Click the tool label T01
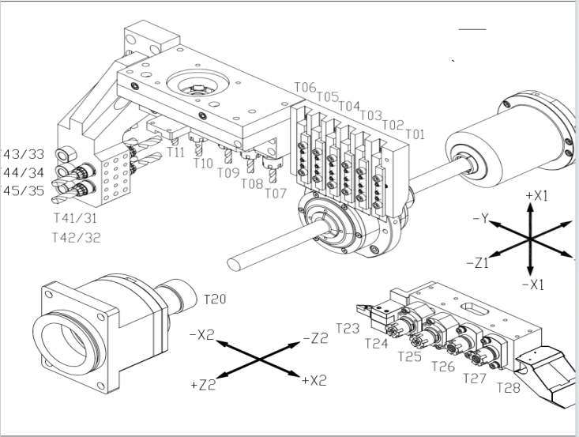click(x=415, y=134)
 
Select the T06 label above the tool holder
click(x=305, y=87)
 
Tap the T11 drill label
click(x=176, y=152)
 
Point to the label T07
click(x=276, y=193)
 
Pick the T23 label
click(x=348, y=327)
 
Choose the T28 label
click(x=509, y=387)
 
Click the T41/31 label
click(x=76, y=217)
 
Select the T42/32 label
click(x=76, y=237)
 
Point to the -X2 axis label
click(x=202, y=335)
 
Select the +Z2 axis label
click(x=204, y=385)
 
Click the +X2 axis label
click(x=314, y=380)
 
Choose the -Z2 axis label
click(x=314, y=338)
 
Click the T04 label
click(x=349, y=106)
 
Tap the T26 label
click(x=444, y=366)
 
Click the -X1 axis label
click(x=533, y=284)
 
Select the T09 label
click(x=228, y=173)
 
